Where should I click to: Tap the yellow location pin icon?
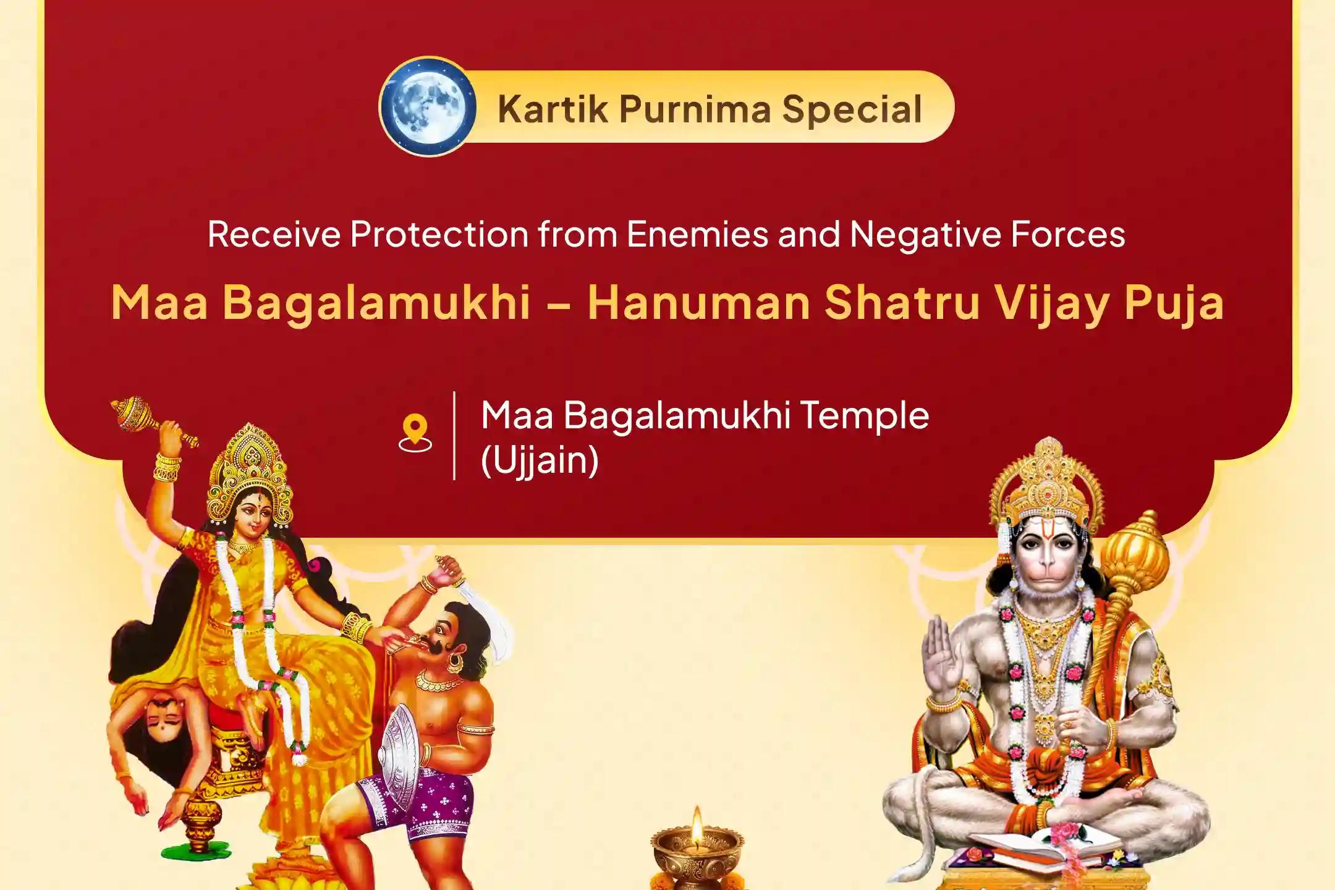415,433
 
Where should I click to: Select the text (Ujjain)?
540,460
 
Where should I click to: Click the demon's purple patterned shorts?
426,797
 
